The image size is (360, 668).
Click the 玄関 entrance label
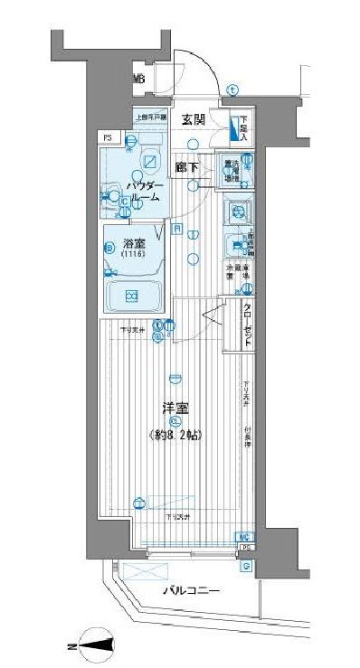(x=193, y=120)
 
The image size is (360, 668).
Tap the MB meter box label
(x=139, y=80)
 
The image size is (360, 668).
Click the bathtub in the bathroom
(x=132, y=295)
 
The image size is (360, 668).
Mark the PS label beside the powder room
(x=108, y=137)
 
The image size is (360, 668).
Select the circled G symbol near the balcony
(x=246, y=566)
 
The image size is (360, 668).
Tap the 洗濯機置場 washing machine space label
(x=232, y=170)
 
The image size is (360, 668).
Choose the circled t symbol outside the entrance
(x=232, y=89)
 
